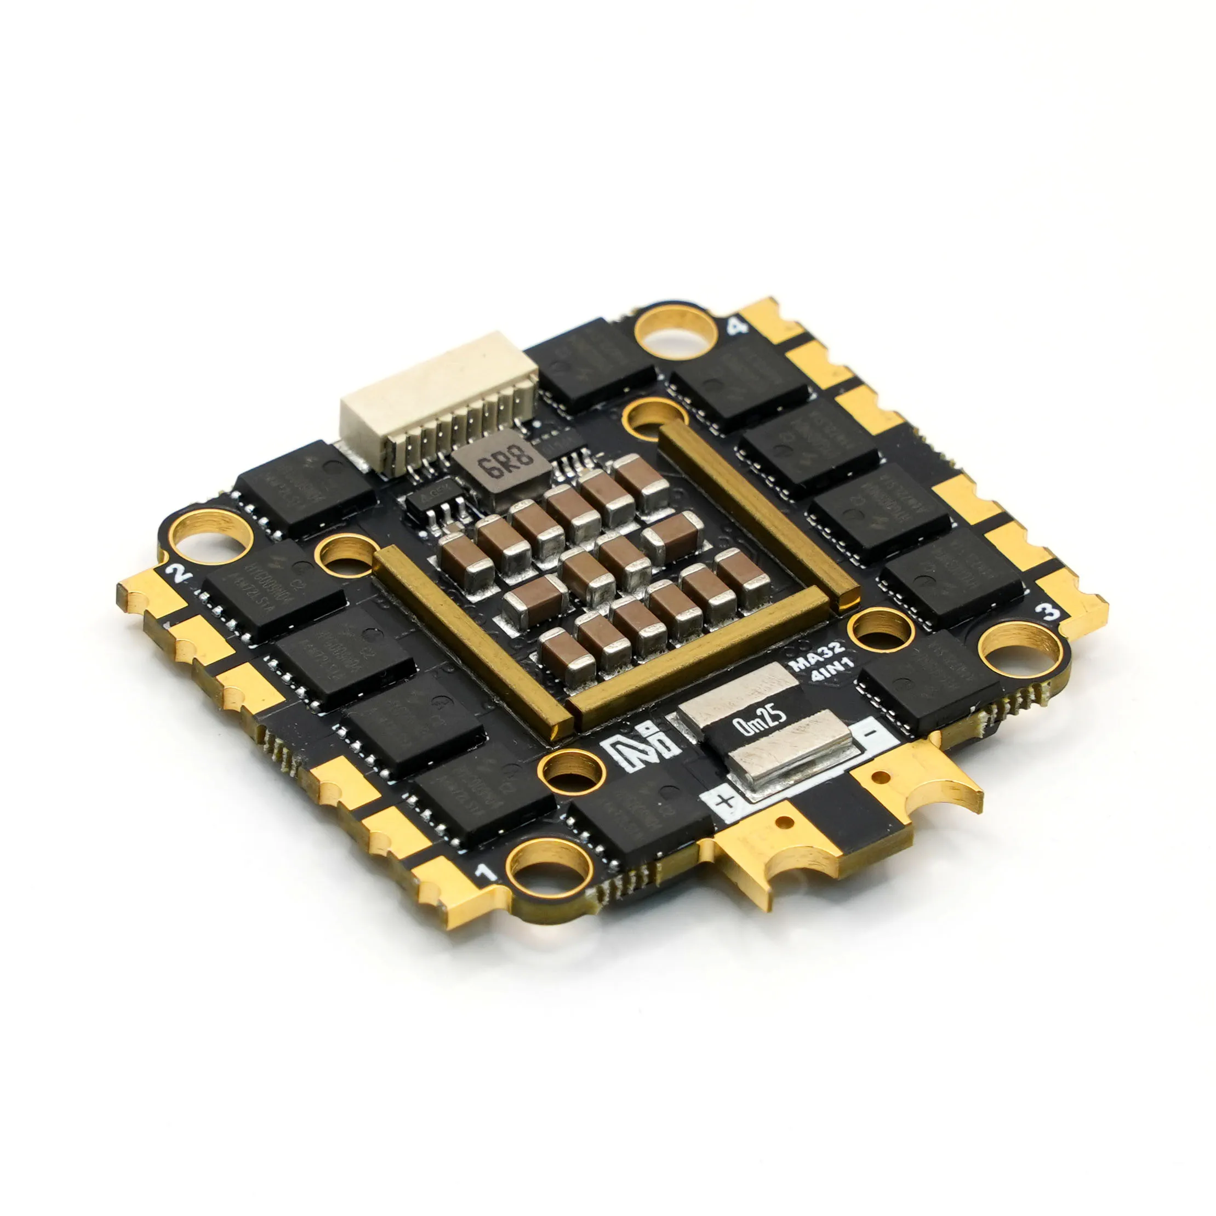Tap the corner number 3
(1047, 610)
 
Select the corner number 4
(737, 326)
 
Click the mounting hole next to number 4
(675, 332)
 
